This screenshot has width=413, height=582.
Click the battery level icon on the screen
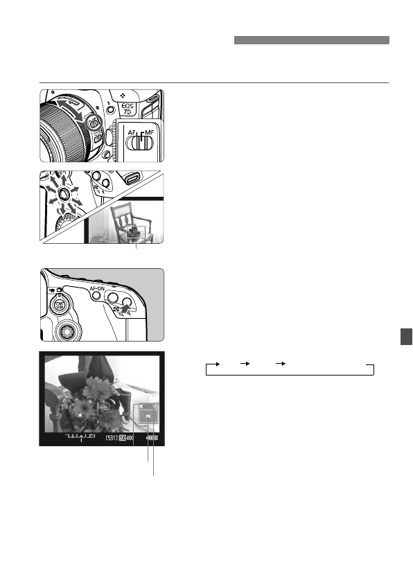[152, 438]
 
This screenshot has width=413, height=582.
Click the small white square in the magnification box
[148, 417]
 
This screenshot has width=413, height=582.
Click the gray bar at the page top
[311, 41]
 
